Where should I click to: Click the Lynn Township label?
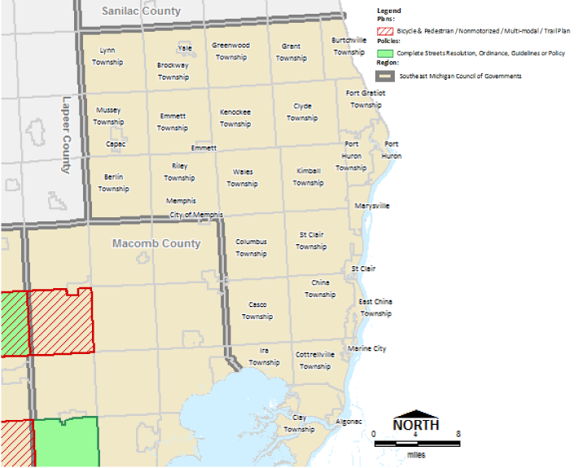[107, 55]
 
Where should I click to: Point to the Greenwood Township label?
[230, 51]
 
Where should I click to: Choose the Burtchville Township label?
[348, 46]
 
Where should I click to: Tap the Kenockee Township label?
[235, 118]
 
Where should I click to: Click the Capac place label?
[116, 144]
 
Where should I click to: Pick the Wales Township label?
[243, 177]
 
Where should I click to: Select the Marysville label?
[372, 206]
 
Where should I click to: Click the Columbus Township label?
[252, 247]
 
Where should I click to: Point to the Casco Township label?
[257, 311]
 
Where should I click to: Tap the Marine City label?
[366, 348]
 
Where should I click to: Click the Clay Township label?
[299, 423]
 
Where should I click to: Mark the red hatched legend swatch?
[385, 31]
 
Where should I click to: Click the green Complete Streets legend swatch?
[385, 53]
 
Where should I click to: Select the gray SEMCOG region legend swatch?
[385, 76]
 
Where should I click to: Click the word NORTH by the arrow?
[416, 425]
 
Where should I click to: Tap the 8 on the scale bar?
[458, 434]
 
